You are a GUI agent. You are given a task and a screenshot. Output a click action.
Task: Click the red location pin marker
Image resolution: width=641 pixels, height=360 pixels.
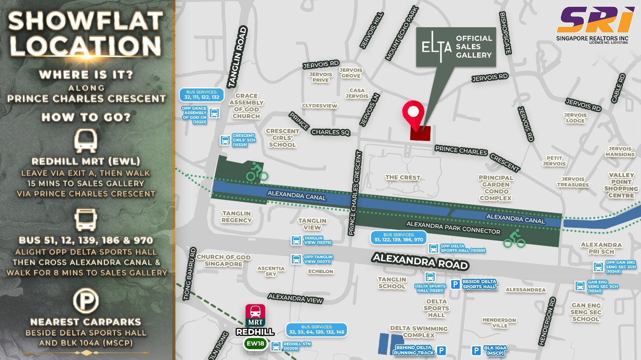413,112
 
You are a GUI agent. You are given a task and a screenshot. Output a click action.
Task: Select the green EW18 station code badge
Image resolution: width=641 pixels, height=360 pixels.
256,344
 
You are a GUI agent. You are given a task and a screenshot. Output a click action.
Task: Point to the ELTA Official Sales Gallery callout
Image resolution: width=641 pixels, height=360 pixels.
456,47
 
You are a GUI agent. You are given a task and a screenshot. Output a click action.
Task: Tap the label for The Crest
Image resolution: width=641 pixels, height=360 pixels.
403,177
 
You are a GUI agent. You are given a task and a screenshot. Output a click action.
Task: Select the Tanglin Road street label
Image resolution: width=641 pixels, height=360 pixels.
237,57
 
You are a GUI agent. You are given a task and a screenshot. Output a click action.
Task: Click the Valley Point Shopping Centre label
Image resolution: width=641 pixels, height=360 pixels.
621,185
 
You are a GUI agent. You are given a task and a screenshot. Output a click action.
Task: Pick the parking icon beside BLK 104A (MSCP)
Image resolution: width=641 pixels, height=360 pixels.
476,351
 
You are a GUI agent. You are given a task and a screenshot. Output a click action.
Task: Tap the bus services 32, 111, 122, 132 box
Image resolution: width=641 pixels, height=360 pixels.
202,95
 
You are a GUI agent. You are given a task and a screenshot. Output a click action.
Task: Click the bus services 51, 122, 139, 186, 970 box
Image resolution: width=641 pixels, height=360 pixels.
398,237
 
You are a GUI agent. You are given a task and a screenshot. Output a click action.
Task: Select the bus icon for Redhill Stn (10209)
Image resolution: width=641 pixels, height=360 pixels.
276,346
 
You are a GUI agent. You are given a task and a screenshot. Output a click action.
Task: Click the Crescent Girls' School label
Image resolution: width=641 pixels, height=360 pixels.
282,138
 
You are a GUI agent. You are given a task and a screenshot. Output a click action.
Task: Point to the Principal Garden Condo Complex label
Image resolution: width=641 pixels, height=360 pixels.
496,188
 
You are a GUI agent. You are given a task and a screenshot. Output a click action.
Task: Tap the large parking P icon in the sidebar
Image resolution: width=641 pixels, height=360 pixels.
86,301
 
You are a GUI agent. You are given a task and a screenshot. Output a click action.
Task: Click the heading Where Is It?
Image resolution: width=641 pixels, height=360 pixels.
86,75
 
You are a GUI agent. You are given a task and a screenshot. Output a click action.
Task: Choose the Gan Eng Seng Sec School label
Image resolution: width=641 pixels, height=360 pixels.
586,312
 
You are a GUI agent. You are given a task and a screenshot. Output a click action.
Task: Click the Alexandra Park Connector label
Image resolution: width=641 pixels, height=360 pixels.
453,228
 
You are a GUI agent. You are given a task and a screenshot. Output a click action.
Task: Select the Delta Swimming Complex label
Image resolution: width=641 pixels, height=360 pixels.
419,332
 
